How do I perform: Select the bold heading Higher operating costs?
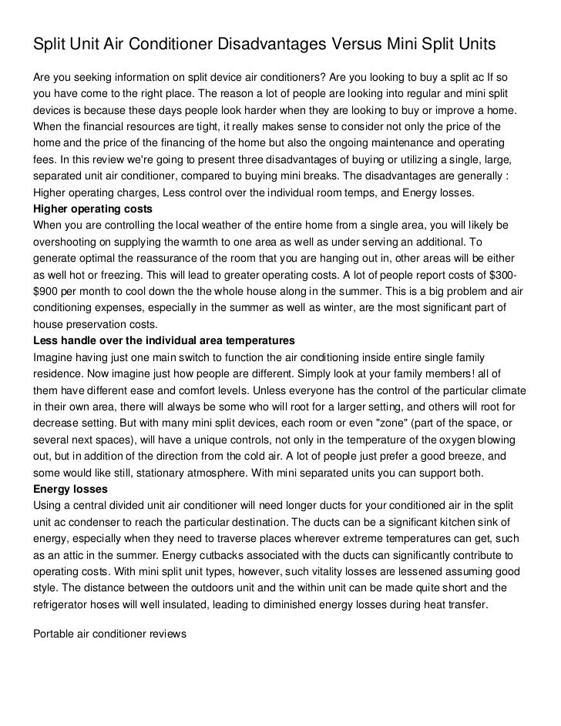[92, 209]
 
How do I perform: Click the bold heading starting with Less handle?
[164, 340]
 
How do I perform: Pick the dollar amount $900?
[46, 291]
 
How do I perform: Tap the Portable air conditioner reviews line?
[110, 634]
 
